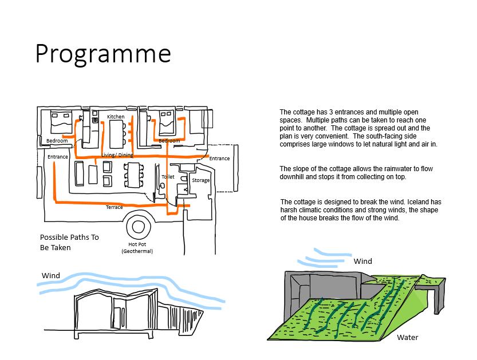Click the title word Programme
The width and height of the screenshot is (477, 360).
103,54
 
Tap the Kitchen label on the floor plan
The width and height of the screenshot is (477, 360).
116,117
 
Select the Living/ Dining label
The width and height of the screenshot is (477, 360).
117,155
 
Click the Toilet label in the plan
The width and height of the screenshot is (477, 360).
168,177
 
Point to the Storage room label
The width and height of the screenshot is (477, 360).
200,180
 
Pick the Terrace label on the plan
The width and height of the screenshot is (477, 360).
114,207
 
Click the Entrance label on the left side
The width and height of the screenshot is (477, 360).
58,157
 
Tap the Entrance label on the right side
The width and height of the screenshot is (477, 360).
219,159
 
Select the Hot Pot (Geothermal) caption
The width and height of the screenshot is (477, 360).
137,247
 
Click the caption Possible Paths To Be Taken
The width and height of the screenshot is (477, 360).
69,242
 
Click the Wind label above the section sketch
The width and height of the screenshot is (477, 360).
51,275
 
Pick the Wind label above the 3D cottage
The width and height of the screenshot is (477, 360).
362,261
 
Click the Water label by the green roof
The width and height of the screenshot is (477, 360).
408,337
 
